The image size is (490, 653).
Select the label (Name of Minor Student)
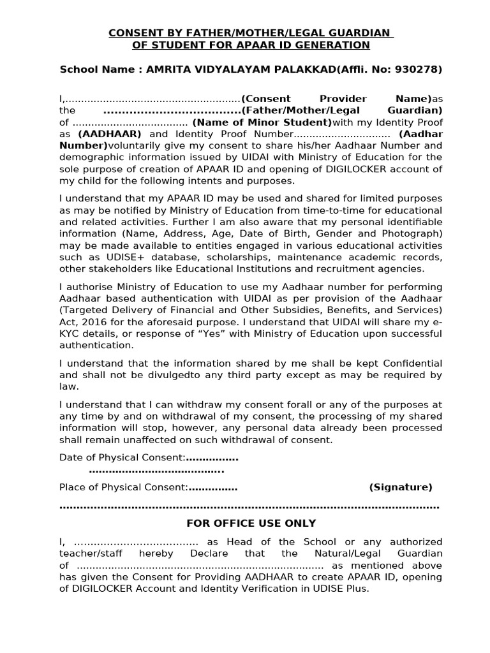pyautogui.click(x=262, y=122)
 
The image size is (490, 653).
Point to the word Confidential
pyautogui.click(x=405, y=363)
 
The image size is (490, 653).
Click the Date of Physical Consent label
pyautogui.click(x=122, y=457)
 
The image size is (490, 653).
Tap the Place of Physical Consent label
pyautogui.click(x=123, y=487)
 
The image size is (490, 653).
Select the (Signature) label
pyautogui.click(x=400, y=487)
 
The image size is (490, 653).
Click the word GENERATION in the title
pyautogui.click(x=328, y=45)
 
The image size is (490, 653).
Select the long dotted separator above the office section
pyautogui.click(x=249, y=506)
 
